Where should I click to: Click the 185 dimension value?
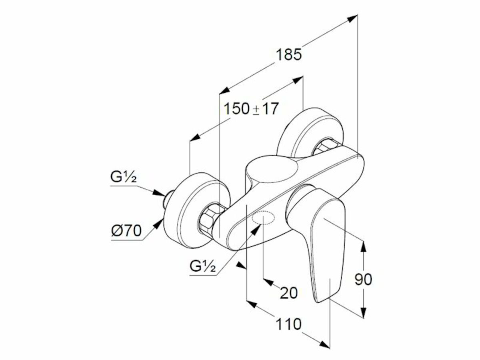[x=289, y=55]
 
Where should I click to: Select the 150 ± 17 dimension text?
[x=251, y=109]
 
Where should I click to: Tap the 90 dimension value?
[x=363, y=279]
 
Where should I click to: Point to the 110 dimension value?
[x=289, y=324]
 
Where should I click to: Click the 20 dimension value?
[x=289, y=293]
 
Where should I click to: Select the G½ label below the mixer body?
[x=203, y=266]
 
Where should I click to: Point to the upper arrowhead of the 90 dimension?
[x=364, y=246]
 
